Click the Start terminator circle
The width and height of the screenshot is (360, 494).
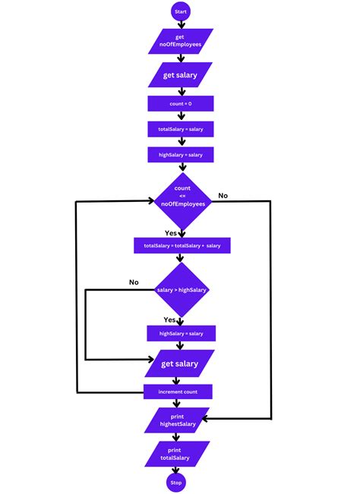tap(180, 12)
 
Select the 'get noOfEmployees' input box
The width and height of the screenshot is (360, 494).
tap(180, 41)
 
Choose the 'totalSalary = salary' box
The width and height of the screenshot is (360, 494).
tap(180, 130)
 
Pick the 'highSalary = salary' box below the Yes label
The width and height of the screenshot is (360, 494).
tap(181, 333)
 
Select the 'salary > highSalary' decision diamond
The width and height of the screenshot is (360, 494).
tap(181, 290)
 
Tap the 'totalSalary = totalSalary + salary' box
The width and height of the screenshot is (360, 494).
tap(182, 246)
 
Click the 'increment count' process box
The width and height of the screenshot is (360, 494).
tap(178, 392)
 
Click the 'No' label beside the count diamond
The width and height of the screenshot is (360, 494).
tap(223, 196)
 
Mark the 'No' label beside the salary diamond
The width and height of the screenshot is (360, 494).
tap(134, 282)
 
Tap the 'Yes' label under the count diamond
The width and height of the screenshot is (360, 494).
tap(172, 233)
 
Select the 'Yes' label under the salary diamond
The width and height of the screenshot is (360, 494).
tap(170, 320)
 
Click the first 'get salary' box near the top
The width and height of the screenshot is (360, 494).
tap(181, 75)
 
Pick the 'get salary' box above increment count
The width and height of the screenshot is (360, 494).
tap(180, 363)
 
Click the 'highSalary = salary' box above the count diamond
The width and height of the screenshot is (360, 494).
tap(180, 155)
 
